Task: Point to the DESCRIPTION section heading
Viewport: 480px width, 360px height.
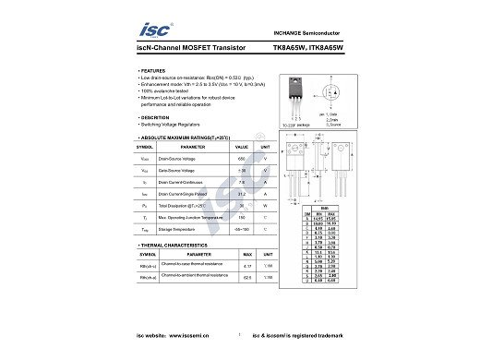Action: click(x=154, y=117)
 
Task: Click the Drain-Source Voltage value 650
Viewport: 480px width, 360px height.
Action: click(x=242, y=159)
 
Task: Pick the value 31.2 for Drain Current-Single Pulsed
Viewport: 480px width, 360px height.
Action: click(x=242, y=195)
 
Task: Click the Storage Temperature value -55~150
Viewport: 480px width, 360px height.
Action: click(x=242, y=228)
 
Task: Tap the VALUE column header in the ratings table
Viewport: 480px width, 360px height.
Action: click(x=242, y=147)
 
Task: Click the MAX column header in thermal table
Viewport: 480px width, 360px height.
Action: click(x=246, y=253)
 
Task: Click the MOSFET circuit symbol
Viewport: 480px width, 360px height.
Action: click(x=330, y=94)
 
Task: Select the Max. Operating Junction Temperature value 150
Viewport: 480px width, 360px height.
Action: click(x=242, y=217)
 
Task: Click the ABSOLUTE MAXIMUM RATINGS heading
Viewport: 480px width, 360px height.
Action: click(x=185, y=137)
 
